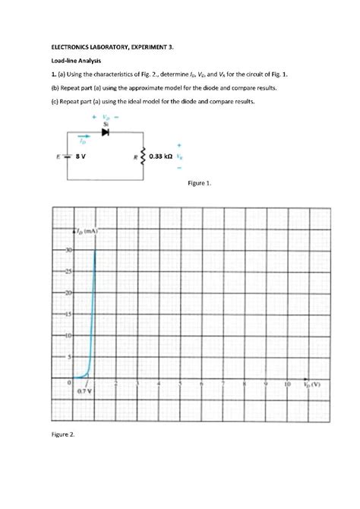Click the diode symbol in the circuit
click(106, 132)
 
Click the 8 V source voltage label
click(80, 156)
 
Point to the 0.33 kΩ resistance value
click(160, 156)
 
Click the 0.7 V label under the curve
click(84, 392)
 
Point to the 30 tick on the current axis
click(68, 249)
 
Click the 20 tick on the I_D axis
click(68, 292)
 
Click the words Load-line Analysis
click(70, 60)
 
